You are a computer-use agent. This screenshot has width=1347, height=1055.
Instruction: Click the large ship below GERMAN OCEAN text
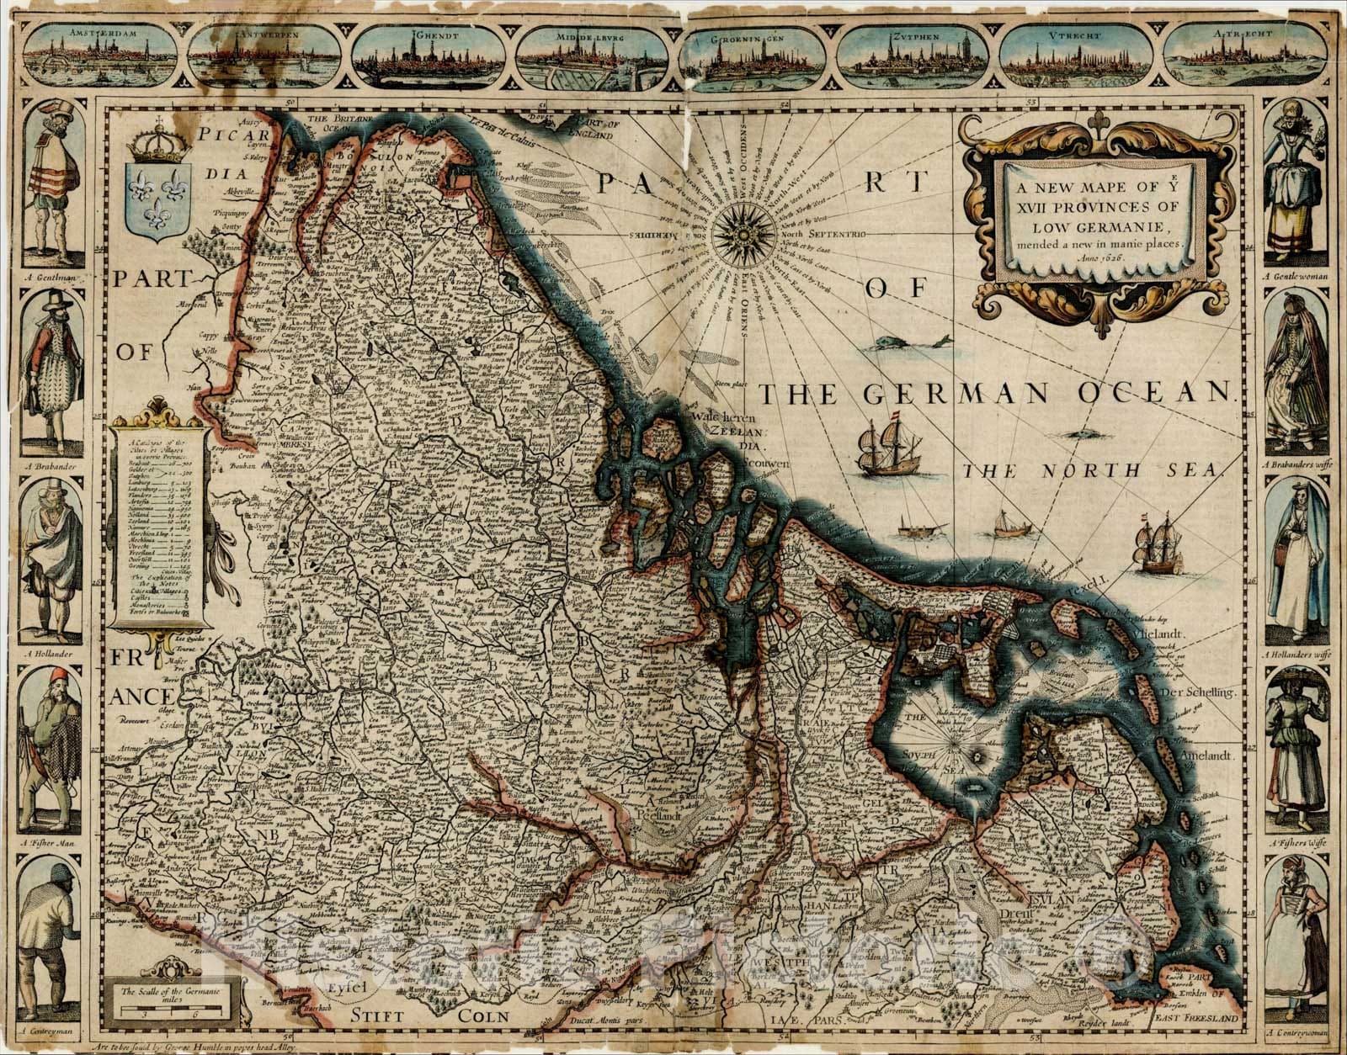tap(878, 442)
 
